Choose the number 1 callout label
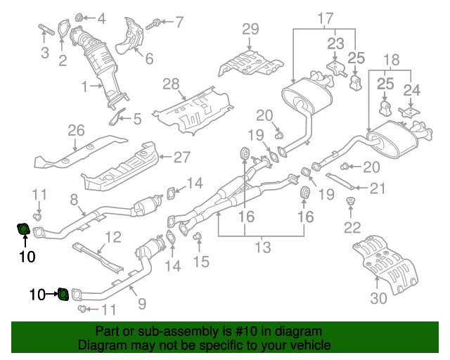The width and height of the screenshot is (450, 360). [84, 87]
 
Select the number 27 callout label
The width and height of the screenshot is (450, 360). [182, 157]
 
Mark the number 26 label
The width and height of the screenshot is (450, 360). [76, 130]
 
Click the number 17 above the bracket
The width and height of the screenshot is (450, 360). [324, 18]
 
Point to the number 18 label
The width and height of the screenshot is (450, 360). [391, 60]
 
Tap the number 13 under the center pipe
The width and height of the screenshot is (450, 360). [262, 247]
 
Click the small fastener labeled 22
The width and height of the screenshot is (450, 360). [349, 205]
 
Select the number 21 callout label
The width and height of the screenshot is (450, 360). [378, 188]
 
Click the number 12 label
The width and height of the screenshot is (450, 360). [113, 237]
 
